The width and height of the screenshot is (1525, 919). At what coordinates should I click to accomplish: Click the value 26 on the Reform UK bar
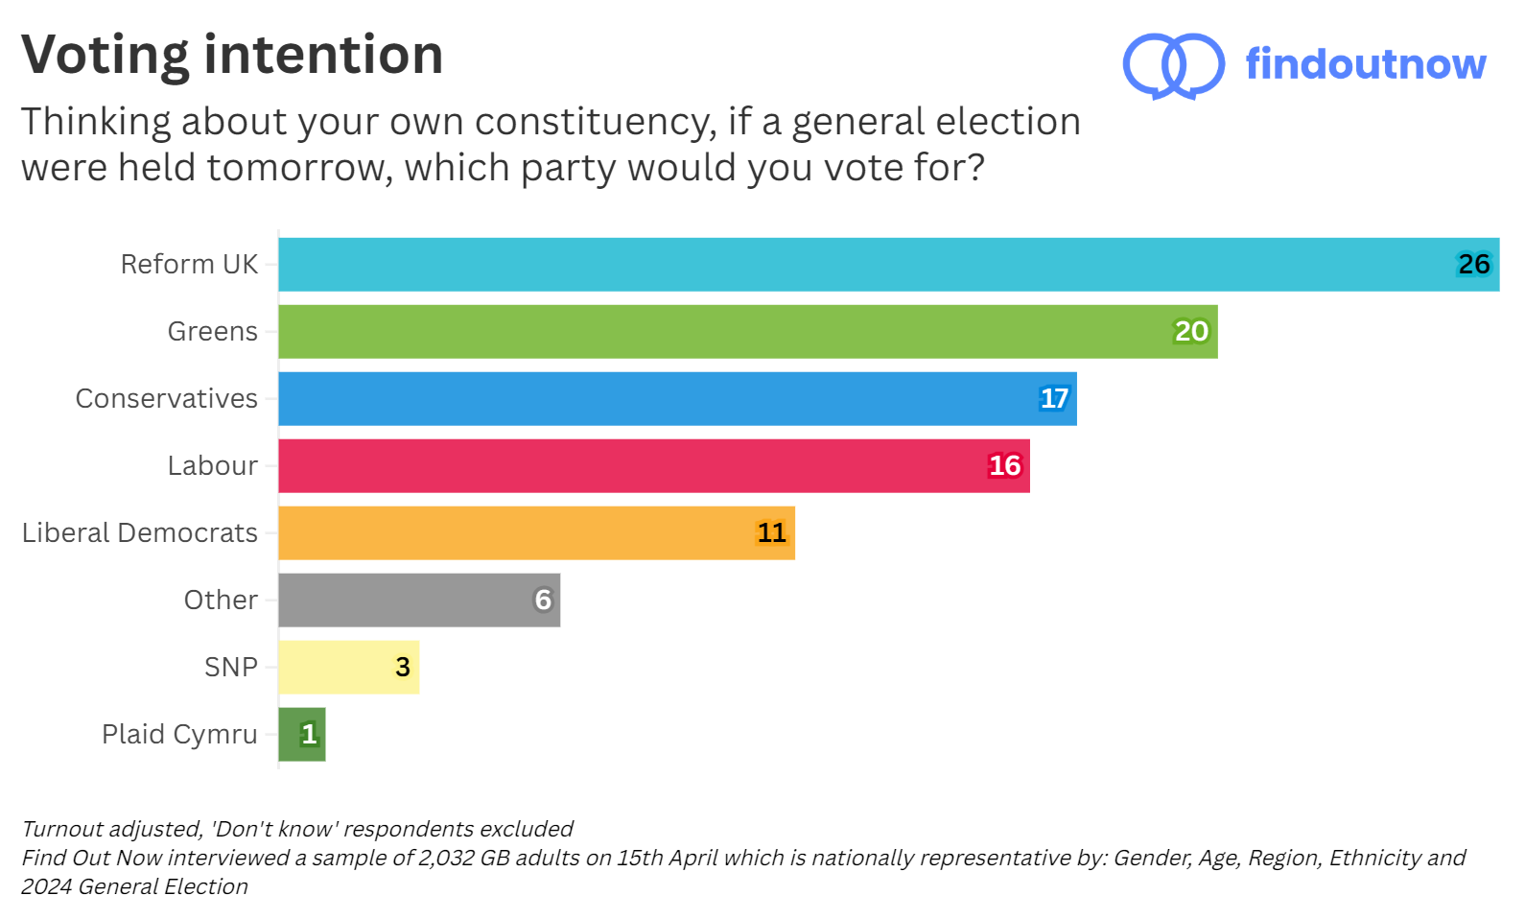point(1473,265)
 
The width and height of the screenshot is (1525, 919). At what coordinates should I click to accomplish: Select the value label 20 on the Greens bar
point(1191,332)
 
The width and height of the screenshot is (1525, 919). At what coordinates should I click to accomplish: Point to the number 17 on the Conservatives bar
point(1054,399)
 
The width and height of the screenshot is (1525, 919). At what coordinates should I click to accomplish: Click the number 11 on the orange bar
point(771,533)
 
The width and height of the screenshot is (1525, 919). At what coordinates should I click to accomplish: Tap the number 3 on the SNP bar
point(403,668)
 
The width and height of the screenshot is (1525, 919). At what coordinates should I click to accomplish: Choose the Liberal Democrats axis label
point(140,533)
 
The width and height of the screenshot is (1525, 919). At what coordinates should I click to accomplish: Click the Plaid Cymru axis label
point(179,735)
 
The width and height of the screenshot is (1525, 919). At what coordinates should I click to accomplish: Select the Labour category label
point(212,466)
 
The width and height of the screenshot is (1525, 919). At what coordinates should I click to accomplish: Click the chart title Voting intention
point(232,55)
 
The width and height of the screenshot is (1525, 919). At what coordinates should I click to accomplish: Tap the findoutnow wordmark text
point(1365,64)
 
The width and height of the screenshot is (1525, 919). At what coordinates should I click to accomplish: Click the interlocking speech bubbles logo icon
point(1173,65)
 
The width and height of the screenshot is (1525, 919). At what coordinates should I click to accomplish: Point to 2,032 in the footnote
point(446,858)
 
